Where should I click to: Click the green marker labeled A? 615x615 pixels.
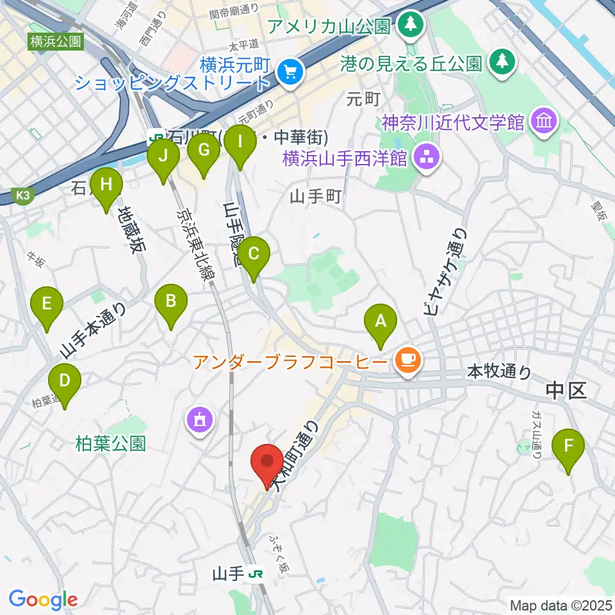[x=381, y=321]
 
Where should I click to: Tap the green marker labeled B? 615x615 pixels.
[x=171, y=300]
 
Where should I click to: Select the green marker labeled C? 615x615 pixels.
[x=254, y=254]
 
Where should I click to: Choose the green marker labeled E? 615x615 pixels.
[x=47, y=304]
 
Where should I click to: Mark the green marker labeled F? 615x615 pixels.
[x=568, y=445]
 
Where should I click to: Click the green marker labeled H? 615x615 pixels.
[x=106, y=185]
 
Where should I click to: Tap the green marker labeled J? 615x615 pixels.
[x=163, y=156]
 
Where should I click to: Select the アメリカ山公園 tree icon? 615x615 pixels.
[x=407, y=26]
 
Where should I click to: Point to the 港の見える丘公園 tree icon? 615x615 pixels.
[x=500, y=63]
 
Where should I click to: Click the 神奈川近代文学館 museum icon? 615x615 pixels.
[x=545, y=121]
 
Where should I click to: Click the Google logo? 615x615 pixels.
[x=43, y=599]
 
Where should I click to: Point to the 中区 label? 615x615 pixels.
[x=566, y=389]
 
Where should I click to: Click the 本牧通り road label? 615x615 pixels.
[x=499, y=370]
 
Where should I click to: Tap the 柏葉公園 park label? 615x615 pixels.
[x=110, y=443]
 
